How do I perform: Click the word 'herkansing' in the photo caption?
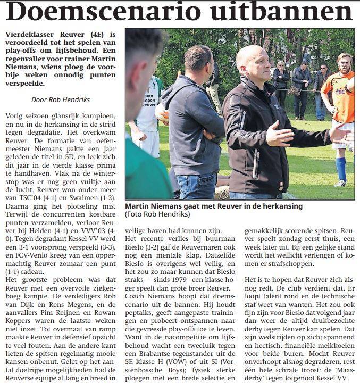[281, 205]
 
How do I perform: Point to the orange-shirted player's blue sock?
[340, 168]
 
